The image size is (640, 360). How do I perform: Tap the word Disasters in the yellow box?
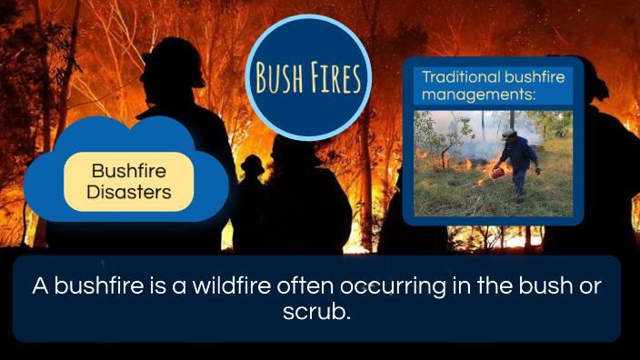[x=128, y=192]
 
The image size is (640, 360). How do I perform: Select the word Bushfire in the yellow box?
[x=128, y=171]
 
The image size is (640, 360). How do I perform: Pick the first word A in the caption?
[x=40, y=285]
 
